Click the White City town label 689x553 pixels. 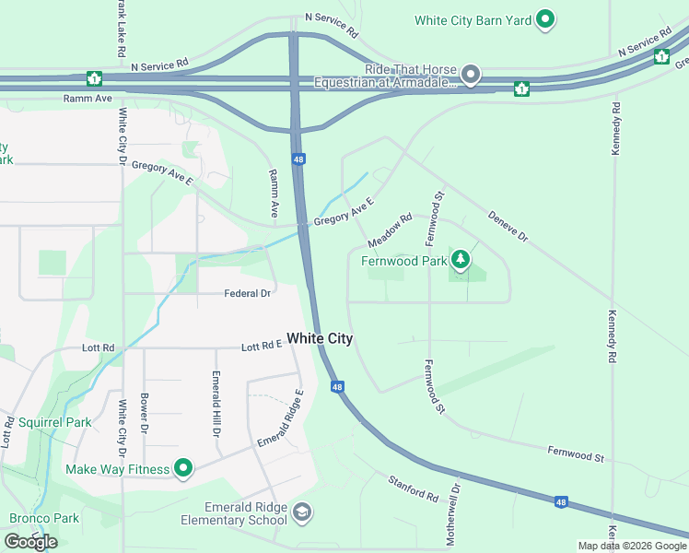320,339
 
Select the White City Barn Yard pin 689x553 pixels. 545,18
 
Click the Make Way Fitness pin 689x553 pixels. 183,468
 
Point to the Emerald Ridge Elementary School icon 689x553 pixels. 301,512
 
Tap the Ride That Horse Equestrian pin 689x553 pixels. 471,73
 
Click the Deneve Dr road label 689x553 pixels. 508,224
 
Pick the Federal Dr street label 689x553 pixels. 248,293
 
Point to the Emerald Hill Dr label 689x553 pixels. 216,403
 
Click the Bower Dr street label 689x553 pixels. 144,413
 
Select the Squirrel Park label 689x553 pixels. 54,422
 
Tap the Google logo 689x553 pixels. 30,542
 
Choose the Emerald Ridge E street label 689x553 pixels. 281,417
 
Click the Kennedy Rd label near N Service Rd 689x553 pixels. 616,130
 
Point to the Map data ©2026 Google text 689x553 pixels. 632,546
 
